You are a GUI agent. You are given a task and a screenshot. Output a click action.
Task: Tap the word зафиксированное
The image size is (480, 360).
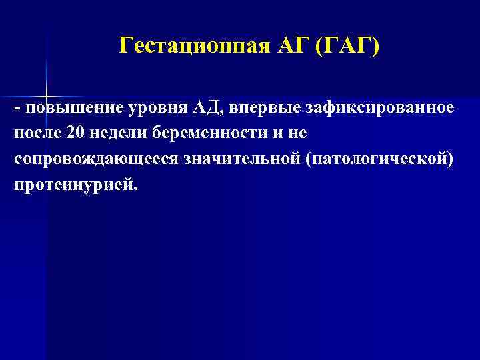coord(375,108)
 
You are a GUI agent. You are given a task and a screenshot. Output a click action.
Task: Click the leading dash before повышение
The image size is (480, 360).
coord(16,109)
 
